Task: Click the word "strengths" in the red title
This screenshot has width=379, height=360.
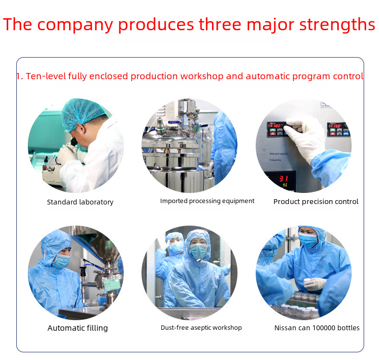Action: click(x=337, y=25)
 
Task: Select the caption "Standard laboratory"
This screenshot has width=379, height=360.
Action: click(x=80, y=202)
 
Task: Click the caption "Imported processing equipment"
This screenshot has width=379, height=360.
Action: click(x=207, y=201)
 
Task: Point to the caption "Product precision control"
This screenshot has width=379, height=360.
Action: click(x=316, y=202)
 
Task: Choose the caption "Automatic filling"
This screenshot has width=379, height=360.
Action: click(x=78, y=328)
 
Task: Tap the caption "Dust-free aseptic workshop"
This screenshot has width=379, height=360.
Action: click(x=201, y=328)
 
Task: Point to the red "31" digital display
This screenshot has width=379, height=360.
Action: click(x=284, y=179)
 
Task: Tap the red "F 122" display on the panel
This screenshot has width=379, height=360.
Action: click(x=275, y=126)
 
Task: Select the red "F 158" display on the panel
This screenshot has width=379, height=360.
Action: click(x=336, y=126)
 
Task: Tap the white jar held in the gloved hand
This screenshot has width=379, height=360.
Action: click(x=308, y=281)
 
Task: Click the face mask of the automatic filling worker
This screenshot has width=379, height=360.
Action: click(x=61, y=261)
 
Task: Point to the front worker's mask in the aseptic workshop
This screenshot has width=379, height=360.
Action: click(x=199, y=251)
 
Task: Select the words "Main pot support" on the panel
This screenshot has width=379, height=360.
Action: click(x=279, y=154)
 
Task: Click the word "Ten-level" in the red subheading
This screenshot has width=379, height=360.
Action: click(x=46, y=76)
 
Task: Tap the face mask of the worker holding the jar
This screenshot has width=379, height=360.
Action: click(x=308, y=240)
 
